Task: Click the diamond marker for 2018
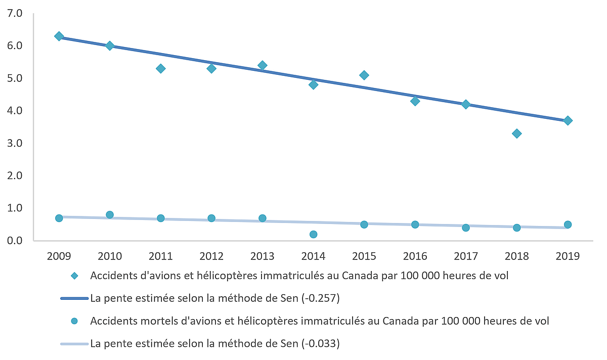516,133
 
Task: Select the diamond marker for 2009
59,36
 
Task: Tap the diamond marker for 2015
364,75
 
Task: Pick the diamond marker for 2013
262,65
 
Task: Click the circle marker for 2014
313,235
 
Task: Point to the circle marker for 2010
110,215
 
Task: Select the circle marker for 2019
568,224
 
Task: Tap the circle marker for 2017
466,228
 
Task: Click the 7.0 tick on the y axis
16,14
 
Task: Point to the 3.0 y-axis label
16,144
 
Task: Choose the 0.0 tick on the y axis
16,241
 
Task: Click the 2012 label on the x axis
211,256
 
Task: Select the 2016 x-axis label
415,256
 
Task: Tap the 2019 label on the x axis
568,256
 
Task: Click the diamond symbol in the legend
75,276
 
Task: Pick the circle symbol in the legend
75,321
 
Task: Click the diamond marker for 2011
160,69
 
